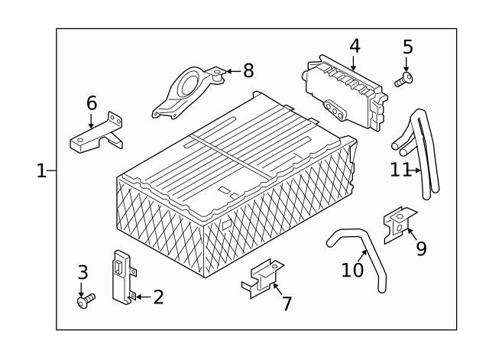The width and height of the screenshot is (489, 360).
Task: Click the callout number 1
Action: point(41,171)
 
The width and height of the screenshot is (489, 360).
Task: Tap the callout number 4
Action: point(355,46)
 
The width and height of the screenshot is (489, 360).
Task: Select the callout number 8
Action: point(248,71)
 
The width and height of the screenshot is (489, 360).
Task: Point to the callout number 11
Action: point(400,170)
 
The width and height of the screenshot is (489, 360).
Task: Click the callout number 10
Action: point(352,270)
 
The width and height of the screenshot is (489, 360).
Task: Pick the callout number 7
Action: point(287,303)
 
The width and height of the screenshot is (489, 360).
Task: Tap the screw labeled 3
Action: point(86,300)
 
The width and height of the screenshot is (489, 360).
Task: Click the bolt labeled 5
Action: point(403,79)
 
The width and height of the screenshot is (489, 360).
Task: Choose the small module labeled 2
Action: point(121,277)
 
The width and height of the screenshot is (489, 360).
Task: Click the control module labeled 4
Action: point(345,92)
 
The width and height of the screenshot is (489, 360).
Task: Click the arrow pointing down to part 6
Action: point(91,121)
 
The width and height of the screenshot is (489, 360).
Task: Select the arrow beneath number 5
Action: point(406,64)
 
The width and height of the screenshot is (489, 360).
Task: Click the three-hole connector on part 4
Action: point(335,110)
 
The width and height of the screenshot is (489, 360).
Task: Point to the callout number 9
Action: point(421,248)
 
